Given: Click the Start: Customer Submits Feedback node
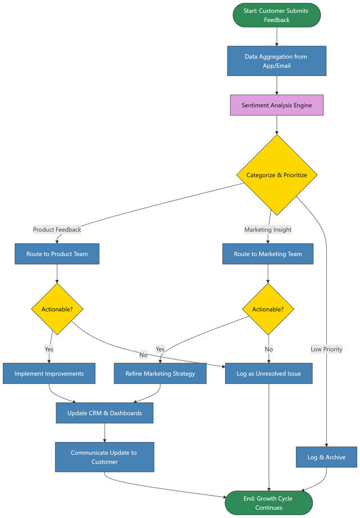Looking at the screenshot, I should click(x=277, y=15).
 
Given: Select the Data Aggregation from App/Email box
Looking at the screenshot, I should click(x=276, y=61).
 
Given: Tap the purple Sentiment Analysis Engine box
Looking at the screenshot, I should click(x=276, y=105).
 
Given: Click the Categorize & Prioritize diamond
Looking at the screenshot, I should click(x=276, y=175).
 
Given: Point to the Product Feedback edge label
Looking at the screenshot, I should click(x=57, y=230).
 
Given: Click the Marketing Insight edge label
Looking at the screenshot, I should click(x=268, y=230).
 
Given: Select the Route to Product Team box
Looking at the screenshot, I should click(x=57, y=254).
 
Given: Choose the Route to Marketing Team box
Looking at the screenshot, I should click(x=268, y=254).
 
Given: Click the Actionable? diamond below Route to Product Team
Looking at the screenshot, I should click(x=57, y=309).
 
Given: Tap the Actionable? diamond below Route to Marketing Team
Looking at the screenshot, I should click(x=268, y=309).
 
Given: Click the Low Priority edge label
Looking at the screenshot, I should click(x=326, y=349).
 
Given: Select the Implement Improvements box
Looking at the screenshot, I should click(x=49, y=373).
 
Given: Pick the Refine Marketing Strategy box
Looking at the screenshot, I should click(x=160, y=373).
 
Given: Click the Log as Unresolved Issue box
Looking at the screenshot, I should click(x=269, y=373).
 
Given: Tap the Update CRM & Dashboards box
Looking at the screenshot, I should click(x=105, y=413).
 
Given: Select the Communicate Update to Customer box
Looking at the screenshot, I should click(x=105, y=457).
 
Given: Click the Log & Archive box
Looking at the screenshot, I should click(x=326, y=457).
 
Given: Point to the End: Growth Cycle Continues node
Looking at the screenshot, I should click(x=269, y=503).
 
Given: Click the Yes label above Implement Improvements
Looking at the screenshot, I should click(x=49, y=349).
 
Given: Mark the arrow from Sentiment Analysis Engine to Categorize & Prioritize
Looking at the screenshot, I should click(x=276, y=125).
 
